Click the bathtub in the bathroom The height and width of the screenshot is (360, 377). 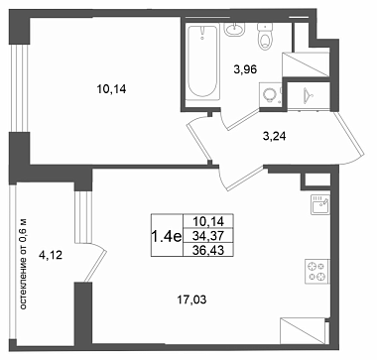202,60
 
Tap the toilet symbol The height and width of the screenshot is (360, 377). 265,37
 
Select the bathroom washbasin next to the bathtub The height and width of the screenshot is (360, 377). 234,29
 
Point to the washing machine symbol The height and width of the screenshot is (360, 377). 271,94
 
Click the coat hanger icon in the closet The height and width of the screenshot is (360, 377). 309,95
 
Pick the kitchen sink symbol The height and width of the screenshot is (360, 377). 320,204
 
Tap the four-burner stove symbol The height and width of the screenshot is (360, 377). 317,272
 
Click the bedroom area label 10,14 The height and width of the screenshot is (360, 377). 111,89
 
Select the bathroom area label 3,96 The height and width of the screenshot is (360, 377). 245,69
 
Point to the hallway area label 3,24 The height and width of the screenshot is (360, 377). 274,136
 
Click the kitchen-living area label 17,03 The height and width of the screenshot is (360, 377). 191,300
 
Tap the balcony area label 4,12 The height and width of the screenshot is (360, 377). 51,255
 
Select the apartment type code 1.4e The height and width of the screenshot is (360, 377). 167,236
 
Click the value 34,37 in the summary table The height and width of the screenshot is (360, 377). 208,236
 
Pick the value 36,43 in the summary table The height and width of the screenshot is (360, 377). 208,250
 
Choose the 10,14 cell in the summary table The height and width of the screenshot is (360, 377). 208,220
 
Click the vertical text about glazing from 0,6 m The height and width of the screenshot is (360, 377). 23,265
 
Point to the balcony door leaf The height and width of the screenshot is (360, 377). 95,266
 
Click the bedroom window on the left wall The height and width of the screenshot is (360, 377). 20,88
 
